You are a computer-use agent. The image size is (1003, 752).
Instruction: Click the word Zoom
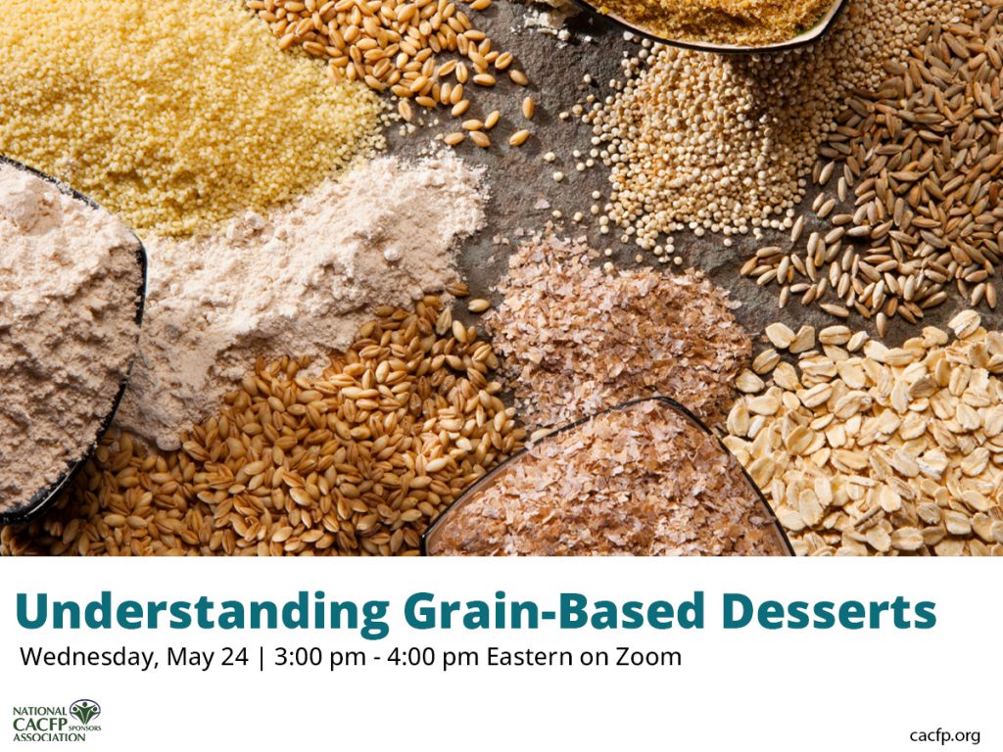tap(647, 657)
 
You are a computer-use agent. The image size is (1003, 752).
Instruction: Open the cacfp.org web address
tap(944, 735)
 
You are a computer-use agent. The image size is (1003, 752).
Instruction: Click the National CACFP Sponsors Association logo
tap(56, 721)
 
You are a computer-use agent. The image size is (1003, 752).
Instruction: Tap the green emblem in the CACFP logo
tap(84, 711)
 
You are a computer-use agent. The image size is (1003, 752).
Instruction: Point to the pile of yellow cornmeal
tap(176, 98)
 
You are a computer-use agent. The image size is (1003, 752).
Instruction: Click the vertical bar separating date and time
tap(261, 657)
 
